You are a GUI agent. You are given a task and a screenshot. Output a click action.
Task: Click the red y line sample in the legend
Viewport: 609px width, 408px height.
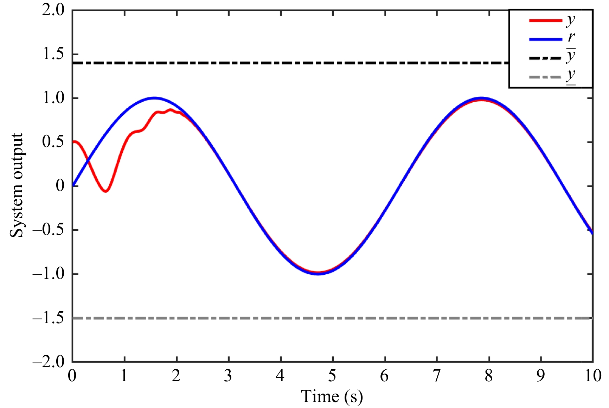[545, 21]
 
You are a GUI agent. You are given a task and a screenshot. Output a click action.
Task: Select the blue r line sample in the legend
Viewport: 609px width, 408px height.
[545, 39]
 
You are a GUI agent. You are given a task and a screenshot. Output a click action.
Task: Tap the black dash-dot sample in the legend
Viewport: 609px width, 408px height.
[545, 58]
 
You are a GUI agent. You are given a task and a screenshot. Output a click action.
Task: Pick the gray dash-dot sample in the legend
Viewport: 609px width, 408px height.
[545, 77]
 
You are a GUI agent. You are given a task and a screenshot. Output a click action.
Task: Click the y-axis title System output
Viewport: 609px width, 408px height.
[17, 185]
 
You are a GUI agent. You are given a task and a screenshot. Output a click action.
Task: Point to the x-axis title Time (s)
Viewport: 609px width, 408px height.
[332, 397]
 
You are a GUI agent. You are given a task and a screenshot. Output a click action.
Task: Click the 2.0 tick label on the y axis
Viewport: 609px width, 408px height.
[53, 10]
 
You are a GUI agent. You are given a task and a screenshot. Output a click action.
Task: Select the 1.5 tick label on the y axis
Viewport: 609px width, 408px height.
[53, 54]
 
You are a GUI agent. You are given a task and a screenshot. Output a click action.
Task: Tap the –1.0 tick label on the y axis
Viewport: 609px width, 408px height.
[49, 274]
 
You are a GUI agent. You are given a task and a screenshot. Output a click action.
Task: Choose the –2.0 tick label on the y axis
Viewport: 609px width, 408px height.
[49, 362]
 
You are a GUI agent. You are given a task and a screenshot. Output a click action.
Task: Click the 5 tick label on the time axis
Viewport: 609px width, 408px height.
[332, 376]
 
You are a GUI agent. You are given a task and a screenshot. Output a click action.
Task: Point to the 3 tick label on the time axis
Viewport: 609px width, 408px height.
[228, 376]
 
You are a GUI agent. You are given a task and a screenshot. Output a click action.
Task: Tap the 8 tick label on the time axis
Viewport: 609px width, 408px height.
[489, 376]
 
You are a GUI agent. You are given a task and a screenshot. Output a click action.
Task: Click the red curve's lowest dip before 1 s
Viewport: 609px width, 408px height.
[105, 191]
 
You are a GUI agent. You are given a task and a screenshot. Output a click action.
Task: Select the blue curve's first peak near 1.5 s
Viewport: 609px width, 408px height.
[154, 98]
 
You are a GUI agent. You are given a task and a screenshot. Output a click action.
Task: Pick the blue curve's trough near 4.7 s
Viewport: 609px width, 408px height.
[318, 274]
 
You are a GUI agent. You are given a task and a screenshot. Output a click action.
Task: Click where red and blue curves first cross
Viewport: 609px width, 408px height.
[88, 161]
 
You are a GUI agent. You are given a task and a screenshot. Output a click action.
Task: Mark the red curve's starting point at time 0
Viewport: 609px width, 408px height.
[73, 142]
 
